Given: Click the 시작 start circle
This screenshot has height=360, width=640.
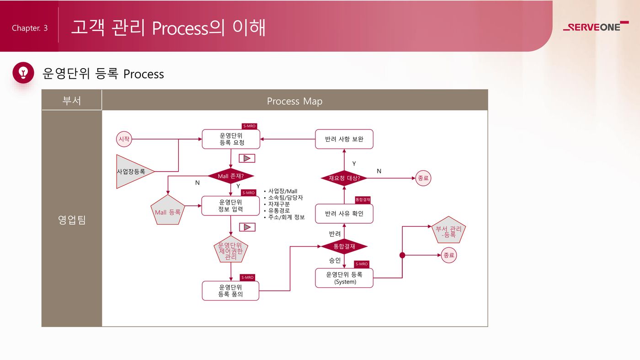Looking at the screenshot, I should pos(124,139).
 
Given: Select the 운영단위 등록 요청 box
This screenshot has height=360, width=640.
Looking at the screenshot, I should pos(231,139).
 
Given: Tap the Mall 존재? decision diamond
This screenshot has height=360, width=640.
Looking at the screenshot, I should pos(231,176).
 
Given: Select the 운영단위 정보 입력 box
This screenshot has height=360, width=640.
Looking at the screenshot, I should pos(230,206).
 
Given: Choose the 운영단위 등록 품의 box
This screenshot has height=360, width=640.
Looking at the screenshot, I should pos(230,290).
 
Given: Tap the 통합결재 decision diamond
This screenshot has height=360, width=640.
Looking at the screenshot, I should pos(344,247).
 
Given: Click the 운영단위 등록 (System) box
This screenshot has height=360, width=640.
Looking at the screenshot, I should pos(344,278).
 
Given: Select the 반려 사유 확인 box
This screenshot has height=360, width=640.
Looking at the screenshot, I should pos(344,214).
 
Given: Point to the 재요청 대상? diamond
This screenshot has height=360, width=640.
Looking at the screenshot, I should pos(344,178).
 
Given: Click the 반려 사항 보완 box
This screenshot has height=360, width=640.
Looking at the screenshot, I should pos(344,139).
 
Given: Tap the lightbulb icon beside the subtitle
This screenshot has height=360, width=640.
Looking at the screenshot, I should pos(23,73).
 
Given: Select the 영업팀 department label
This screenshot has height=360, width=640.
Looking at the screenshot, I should pos(72,220).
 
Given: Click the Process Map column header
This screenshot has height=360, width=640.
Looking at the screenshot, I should pos(294,101).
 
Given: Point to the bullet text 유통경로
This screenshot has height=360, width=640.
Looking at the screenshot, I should pos(279,211).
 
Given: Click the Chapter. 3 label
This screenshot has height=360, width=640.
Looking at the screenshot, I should pos(30,28).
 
